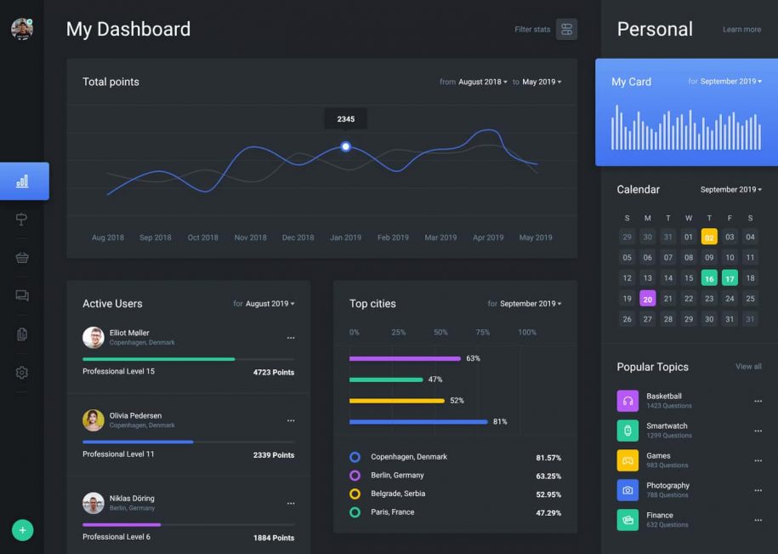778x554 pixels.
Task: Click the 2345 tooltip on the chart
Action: pos(345,119)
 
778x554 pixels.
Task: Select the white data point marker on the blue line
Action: pos(345,146)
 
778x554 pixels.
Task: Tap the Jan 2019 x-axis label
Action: pos(345,238)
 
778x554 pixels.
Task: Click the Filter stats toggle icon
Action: pos(566,30)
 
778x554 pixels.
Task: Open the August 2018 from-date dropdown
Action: pos(482,82)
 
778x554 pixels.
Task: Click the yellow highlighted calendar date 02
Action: pos(709,237)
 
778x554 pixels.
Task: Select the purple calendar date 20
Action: pos(648,299)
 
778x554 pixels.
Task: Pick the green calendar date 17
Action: pos(730,278)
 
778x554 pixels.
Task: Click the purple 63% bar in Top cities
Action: pos(405,358)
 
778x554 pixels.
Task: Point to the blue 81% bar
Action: pos(418,421)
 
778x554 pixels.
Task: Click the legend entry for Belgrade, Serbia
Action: pos(398,494)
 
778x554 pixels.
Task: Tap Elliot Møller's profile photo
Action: pos(94,337)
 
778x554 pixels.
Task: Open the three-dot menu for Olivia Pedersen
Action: pos(291,420)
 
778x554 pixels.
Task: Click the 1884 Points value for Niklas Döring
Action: pos(273,538)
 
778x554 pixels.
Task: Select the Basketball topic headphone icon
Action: pos(628,401)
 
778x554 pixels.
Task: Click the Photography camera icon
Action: pos(628,490)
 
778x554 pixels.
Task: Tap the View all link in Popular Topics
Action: pos(748,367)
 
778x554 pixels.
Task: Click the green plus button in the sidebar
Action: pos(22,530)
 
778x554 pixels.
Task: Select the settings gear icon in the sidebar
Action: pos(22,373)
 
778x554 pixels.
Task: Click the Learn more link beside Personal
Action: pos(741,30)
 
